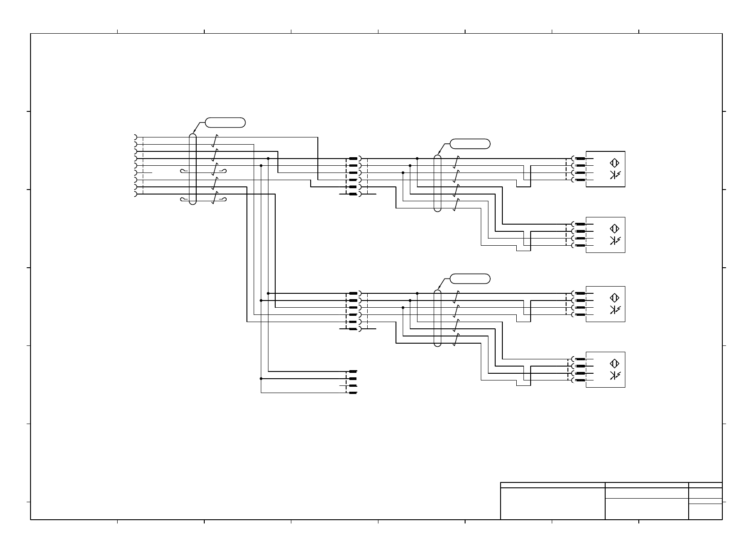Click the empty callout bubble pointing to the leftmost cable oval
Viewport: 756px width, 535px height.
(x=225, y=122)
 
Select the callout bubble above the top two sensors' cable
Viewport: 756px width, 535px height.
(x=470, y=144)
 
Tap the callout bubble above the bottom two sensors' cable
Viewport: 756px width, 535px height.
(x=470, y=279)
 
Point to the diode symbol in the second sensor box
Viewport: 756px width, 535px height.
(x=614, y=241)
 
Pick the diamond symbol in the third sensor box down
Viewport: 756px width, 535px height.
(x=614, y=297)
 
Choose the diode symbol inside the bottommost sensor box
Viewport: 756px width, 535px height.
(x=614, y=376)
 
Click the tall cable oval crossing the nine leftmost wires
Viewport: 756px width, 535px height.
(x=193, y=169)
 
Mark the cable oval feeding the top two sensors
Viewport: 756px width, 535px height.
(x=438, y=183)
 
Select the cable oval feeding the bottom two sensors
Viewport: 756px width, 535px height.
(x=438, y=318)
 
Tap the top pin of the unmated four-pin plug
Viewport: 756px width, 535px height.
(x=353, y=371)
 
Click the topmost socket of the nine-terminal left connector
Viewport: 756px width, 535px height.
(x=135, y=137)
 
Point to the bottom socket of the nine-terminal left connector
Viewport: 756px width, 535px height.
(x=135, y=194)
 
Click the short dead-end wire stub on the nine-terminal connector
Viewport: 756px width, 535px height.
(x=148, y=172)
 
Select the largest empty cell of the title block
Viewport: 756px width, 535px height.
(x=552, y=504)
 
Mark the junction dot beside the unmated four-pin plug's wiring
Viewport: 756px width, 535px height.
(x=261, y=379)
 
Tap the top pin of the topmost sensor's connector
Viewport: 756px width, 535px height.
(x=580, y=159)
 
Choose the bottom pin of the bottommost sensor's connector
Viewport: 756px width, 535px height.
(x=580, y=380)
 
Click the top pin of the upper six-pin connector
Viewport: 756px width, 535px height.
(x=353, y=159)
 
